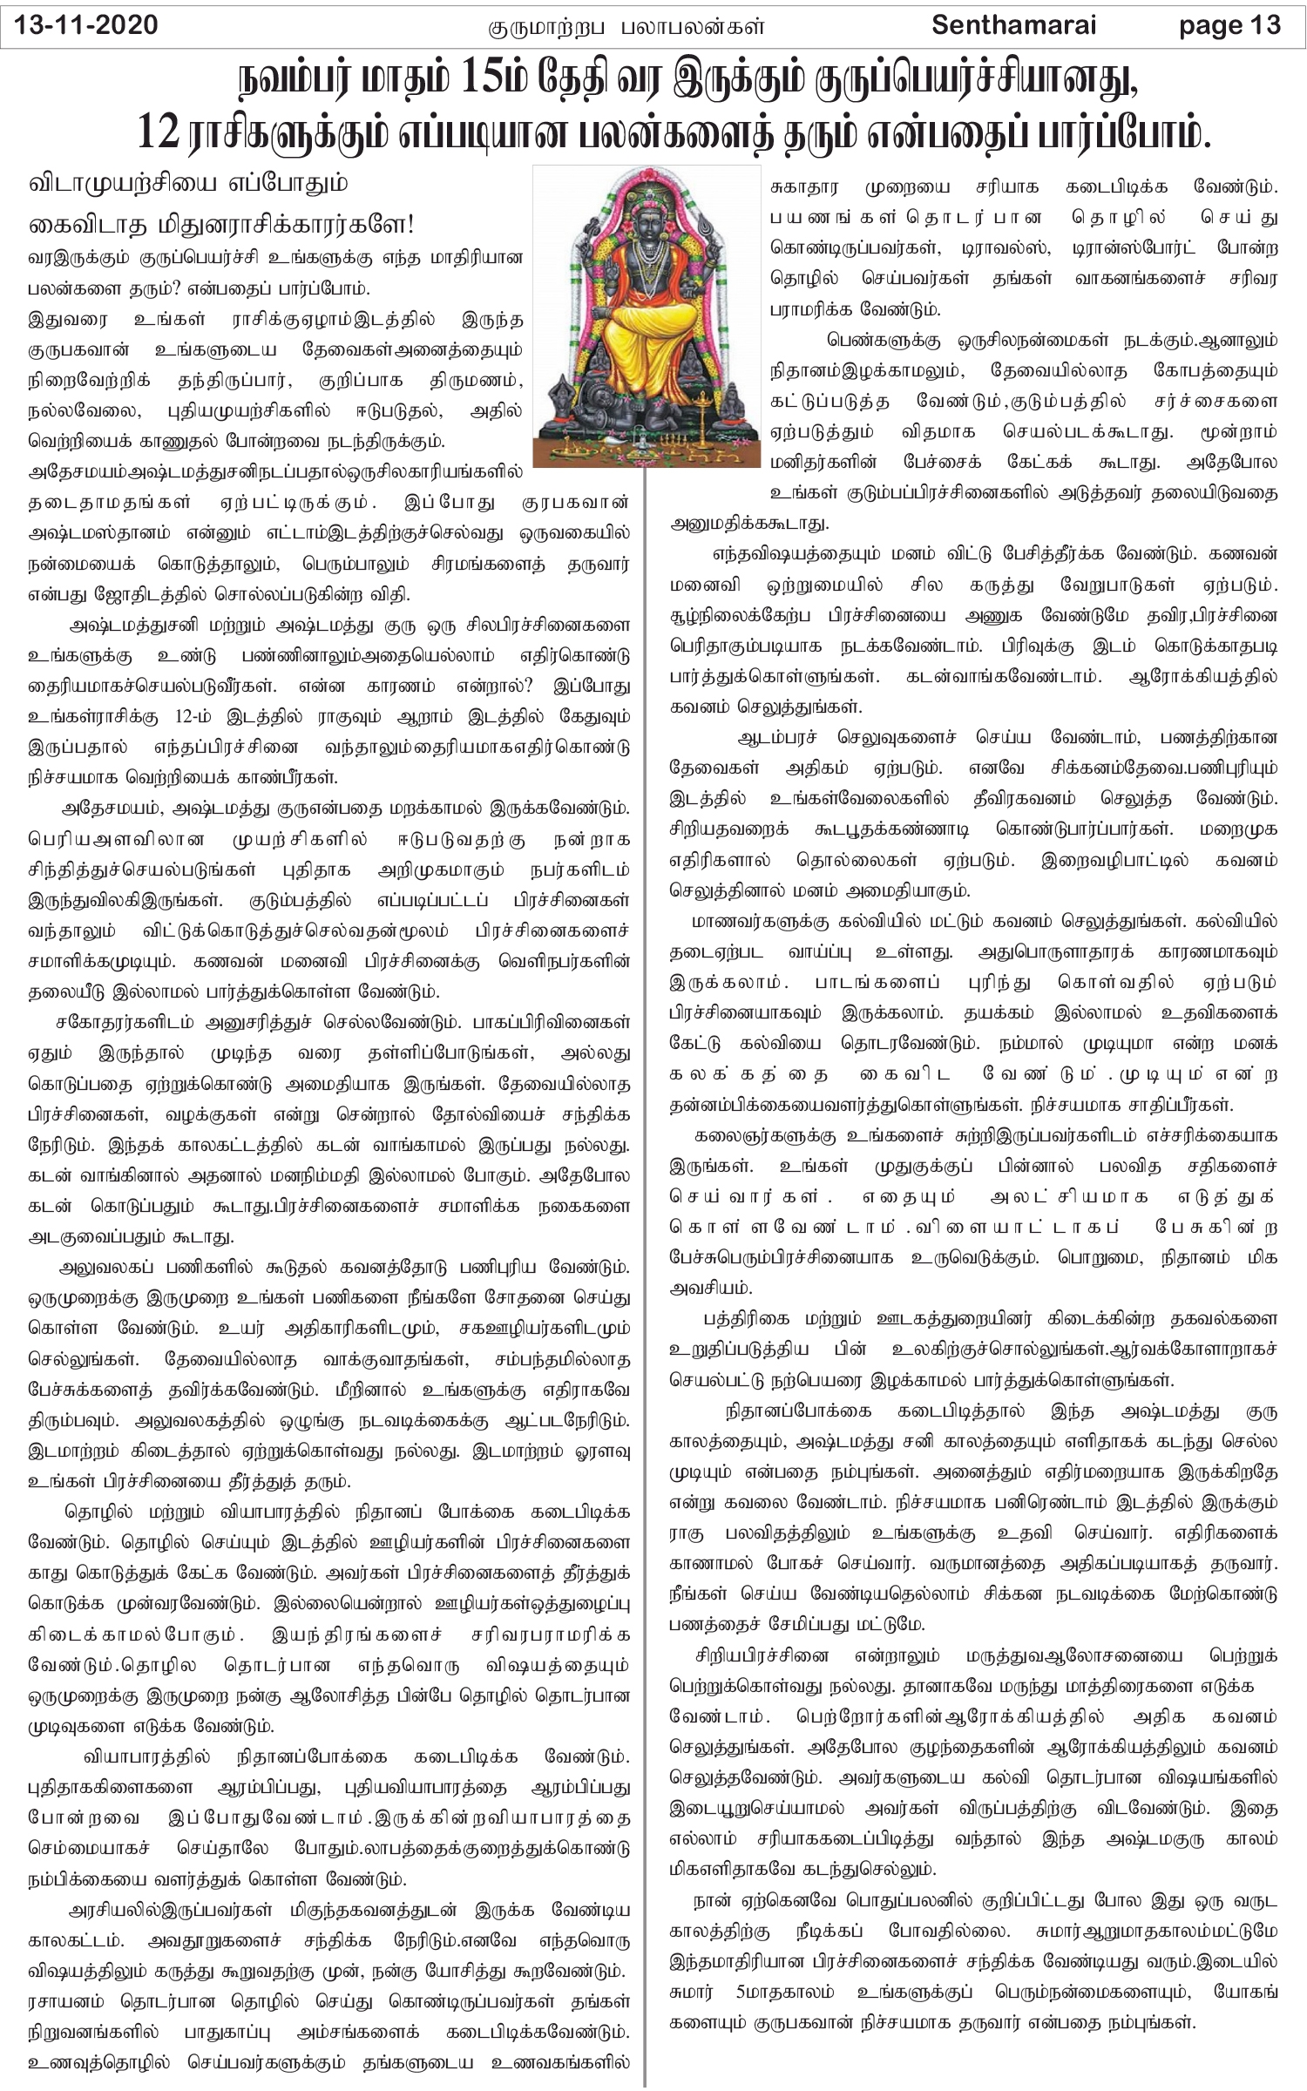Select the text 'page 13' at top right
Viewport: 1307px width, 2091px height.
pos(1229,25)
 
